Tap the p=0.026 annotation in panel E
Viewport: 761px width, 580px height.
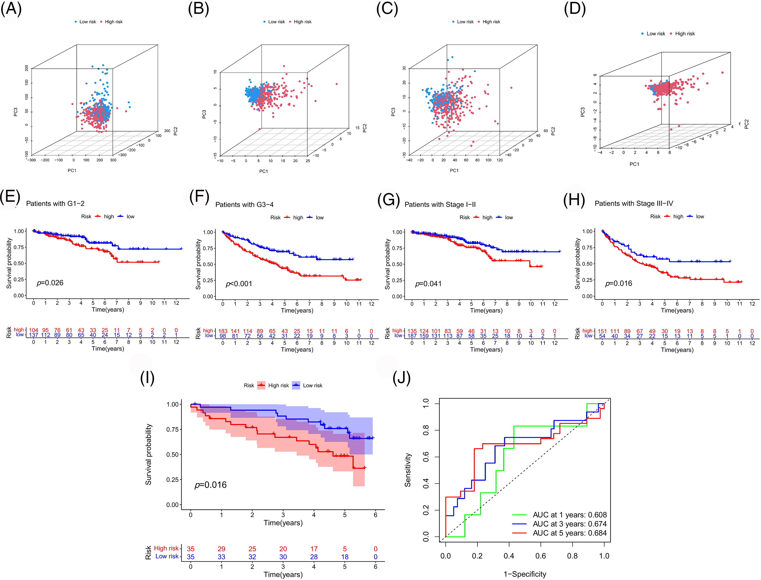click(50, 283)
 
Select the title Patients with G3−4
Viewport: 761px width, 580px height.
click(244, 205)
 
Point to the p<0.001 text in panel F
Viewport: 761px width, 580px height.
click(239, 284)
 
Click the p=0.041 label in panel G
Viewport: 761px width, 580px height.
click(428, 284)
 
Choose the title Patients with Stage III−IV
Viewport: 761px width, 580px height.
click(634, 204)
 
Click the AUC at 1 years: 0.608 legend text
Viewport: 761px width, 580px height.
click(570, 515)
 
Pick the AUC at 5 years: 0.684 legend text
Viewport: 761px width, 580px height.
click(570, 533)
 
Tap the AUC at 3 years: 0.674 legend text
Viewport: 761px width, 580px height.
click(570, 524)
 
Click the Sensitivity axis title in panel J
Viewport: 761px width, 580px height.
click(408, 470)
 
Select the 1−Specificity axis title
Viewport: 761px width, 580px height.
click(525, 574)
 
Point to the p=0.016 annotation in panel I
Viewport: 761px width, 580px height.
click(211, 485)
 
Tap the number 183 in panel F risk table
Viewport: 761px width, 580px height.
click(223, 331)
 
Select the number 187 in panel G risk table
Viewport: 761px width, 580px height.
click(412, 336)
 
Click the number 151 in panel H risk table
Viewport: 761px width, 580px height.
click(602, 331)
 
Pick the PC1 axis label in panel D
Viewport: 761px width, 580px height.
click(634, 164)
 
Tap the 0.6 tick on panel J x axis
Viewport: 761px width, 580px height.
click(541, 556)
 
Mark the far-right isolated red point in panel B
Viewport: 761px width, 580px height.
click(337, 84)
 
